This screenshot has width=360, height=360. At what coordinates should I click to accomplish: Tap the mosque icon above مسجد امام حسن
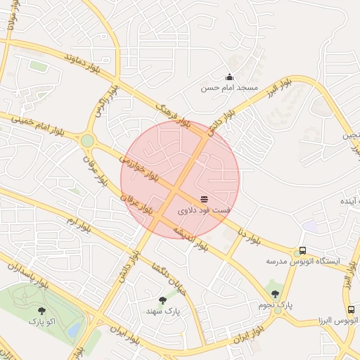pyautogui.click(x=229, y=77)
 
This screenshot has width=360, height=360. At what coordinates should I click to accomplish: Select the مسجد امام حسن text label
pyautogui.click(x=229, y=88)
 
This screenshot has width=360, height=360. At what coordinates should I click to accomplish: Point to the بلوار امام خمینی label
pyautogui.click(x=32, y=124)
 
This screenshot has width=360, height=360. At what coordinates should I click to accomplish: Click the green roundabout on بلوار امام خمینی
pyautogui.click(x=87, y=141)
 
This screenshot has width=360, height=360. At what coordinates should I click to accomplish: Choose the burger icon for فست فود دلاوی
pyautogui.click(x=204, y=200)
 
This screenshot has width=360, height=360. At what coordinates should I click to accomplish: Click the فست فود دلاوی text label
pyautogui.click(x=204, y=210)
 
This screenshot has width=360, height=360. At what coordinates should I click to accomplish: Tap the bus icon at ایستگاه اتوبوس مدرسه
pyautogui.click(x=302, y=250)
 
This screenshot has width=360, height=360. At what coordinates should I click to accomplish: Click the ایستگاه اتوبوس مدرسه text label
pyautogui.click(x=302, y=261)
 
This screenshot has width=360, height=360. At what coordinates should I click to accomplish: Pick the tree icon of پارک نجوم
pyautogui.click(x=275, y=294)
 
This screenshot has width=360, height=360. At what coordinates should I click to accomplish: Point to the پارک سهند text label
pyautogui.click(x=163, y=310)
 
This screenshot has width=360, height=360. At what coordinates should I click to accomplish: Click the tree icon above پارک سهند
pyautogui.click(x=163, y=300)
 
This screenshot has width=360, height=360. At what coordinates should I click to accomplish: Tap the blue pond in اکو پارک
pyautogui.click(x=74, y=328)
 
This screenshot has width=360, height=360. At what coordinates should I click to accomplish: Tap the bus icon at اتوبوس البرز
pyautogui.click(x=351, y=309)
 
